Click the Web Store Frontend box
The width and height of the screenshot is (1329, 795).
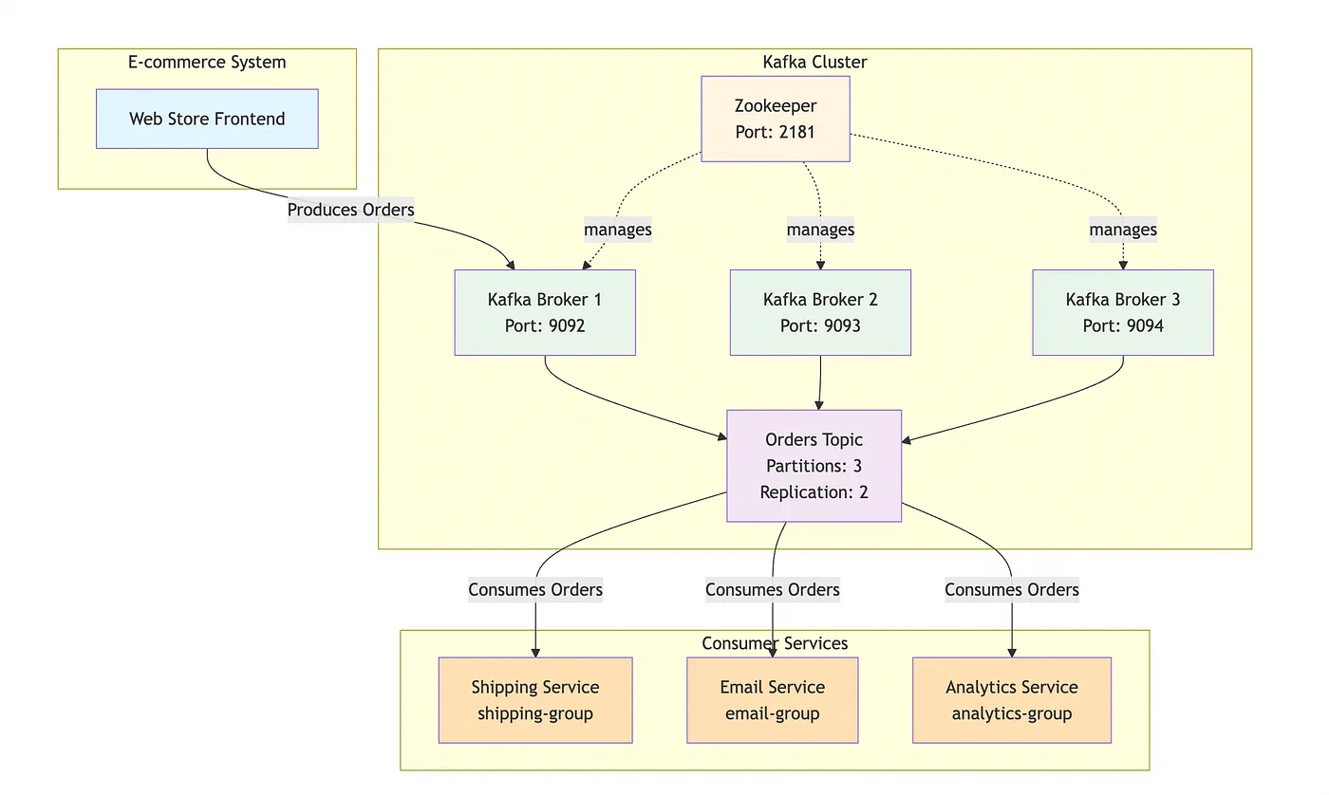pyautogui.click(x=207, y=120)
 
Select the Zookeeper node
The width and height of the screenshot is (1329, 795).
pyautogui.click(x=776, y=119)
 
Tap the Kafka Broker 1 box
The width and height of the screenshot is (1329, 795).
pyautogui.click(x=545, y=313)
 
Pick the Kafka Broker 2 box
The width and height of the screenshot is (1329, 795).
pyautogui.click(x=820, y=313)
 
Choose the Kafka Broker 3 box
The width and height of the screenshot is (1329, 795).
pyautogui.click(x=1123, y=313)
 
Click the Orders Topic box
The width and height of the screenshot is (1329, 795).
pyautogui.click(x=814, y=466)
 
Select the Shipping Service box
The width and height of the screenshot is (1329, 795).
pyautogui.click(x=535, y=700)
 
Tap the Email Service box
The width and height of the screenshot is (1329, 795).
pyautogui.click(x=773, y=700)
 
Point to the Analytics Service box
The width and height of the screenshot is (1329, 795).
pyautogui.click(x=1012, y=700)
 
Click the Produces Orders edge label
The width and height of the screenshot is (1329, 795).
pyautogui.click(x=351, y=210)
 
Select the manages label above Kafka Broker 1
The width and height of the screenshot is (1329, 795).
pyautogui.click(x=618, y=230)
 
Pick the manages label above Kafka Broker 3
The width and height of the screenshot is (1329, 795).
pyautogui.click(x=1123, y=230)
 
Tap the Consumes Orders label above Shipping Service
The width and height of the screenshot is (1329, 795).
pyautogui.click(x=535, y=590)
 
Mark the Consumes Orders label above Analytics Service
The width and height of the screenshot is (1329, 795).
pyautogui.click(x=1012, y=590)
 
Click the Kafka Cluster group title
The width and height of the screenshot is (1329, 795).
pyautogui.click(x=814, y=63)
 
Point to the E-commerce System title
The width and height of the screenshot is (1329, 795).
pyautogui.click(x=207, y=63)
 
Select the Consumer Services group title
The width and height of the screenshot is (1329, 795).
pyautogui.click(x=775, y=644)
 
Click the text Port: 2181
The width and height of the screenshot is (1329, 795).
pyautogui.click(x=776, y=132)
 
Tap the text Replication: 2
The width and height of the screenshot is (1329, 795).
pyautogui.click(x=814, y=492)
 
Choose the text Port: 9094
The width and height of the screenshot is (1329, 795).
pyautogui.click(x=1123, y=326)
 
